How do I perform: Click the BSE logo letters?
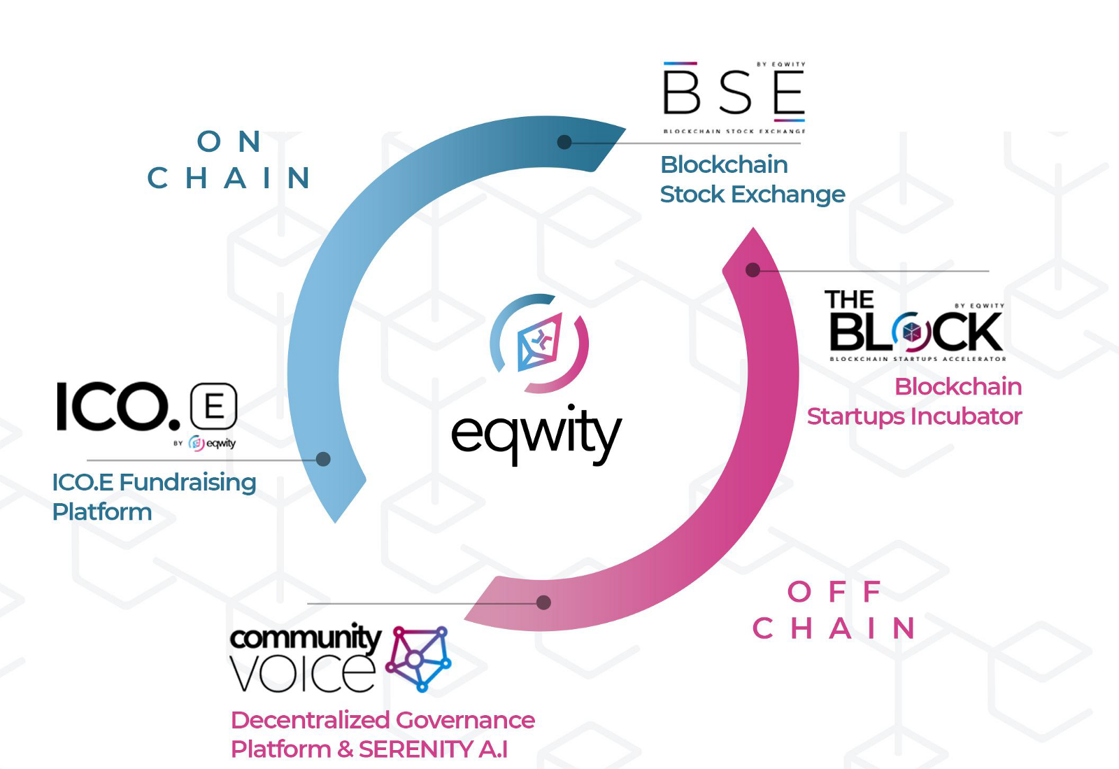(x=734, y=92)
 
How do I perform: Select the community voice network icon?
(x=419, y=658)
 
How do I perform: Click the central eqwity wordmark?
(x=536, y=433)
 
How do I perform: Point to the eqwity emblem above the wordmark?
(x=539, y=343)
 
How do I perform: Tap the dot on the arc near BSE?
(x=564, y=142)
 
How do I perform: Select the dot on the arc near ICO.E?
(x=323, y=459)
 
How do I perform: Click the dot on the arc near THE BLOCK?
(x=753, y=270)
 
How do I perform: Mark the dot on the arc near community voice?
(x=543, y=602)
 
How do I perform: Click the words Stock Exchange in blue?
(x=753, y=195)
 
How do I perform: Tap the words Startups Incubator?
(x=914, y=416)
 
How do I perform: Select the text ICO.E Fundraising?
(x=154, y=482)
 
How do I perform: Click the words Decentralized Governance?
(x=383, y=720)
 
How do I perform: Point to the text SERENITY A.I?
(x=433, y=749)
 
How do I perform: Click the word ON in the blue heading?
(x=229, y=142)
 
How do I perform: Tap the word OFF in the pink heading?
(x=834, y=592)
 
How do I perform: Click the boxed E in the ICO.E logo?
(x=214, y=407)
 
